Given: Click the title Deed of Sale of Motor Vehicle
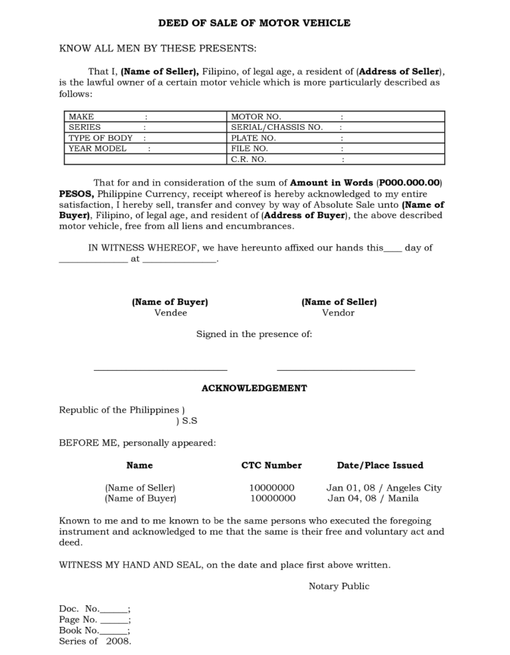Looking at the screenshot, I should pyautogui.click(x=254, y=23).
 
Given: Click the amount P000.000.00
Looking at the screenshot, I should pyautogui.click(x=410, y=183).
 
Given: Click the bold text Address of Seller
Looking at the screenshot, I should pyautogui.click(x=400, y=72).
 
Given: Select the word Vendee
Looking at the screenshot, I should pyautogui.click(x=171, y=313).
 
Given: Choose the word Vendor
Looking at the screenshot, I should pyautogui.click(x=338, y=313).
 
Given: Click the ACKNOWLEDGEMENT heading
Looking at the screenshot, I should pyautogui.click(x=254, y=388).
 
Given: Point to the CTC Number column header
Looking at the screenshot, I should pyautogui.click(x=272, y=465).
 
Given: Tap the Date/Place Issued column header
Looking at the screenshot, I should pyautogui.click(x=380, y=465).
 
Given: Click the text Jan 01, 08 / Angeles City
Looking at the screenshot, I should pyautogui.click(x=384, y=488).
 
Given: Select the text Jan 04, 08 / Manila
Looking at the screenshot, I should pyautogui.click(x=373, y=498).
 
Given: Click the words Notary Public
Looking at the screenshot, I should pyautogui.click(x=339, y=586).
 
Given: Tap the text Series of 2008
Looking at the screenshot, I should pyautogui.click(x=95, y=641).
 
